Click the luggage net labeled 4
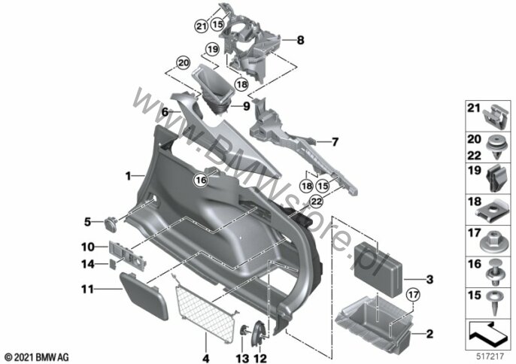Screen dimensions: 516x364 pyautogui.click(x=205, y=308)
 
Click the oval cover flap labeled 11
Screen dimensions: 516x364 pyautogui.click(x=144, y=296)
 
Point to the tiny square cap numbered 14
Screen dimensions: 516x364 pyautogui.click(x=113, y=264)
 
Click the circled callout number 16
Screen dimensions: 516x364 pyautogui.click(x=201, y=180)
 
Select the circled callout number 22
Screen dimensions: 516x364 pyautogui.click(x=316, y=202)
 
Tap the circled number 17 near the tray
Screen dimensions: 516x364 pyautogui.click(x=414, y=295)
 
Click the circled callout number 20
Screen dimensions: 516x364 pyautogui.click(x=184, y=63)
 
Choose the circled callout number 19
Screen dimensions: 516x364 pyautogui.click(x=212, y=50)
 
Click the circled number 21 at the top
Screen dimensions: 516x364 pyautogui.click(x=201, y=26)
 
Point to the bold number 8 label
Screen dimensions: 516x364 pyautogui.click(x=300, y=40)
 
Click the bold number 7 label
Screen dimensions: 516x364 pyautogui.click(x=335, y=142)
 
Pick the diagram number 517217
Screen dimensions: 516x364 pyautogui.click(x=490, y=356)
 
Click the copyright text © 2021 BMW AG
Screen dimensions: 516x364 pyautogui.click(x=37, y=357)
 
